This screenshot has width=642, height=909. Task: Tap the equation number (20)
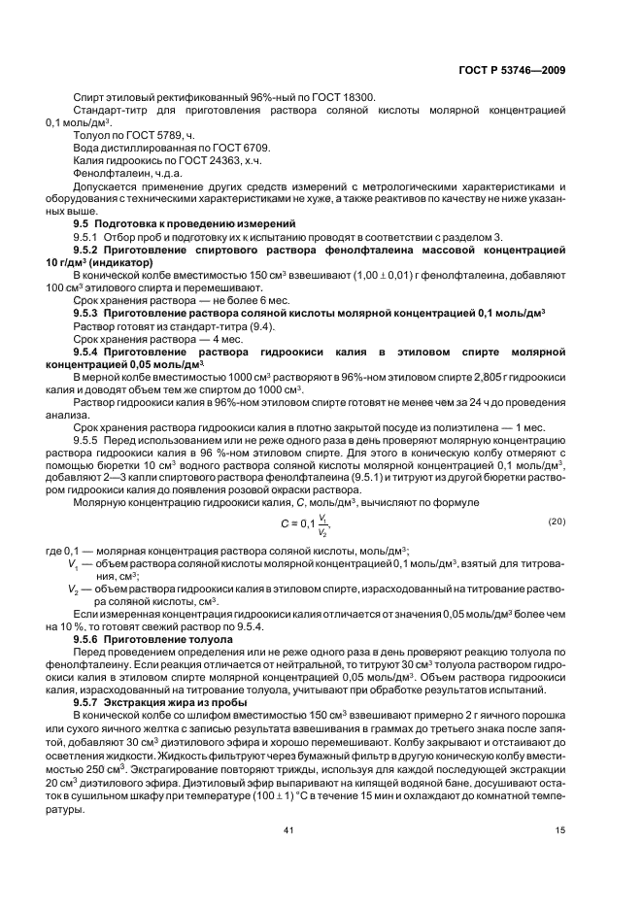tap(556, 522)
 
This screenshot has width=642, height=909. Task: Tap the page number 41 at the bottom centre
tap(288, 830)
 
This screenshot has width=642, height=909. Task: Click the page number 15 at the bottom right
tap(559, 830)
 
